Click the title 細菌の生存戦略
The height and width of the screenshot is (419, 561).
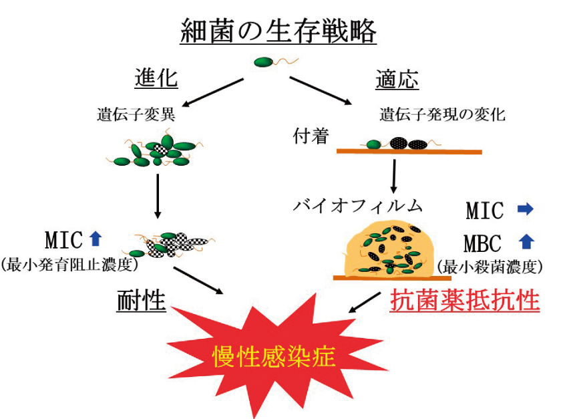click(278, 31)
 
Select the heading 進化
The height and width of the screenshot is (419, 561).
click(156, 78)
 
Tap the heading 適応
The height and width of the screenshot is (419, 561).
click(397, 80)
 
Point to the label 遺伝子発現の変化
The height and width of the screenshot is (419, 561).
click(442, 114)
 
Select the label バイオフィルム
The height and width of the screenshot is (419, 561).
click(359, 204)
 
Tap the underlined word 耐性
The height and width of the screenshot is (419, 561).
click(142, 301)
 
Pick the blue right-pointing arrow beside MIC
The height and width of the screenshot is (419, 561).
click(526, 210)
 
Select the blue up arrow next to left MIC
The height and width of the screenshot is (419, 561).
click(95, 237)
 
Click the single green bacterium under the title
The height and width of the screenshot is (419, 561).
click(265, 63)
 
